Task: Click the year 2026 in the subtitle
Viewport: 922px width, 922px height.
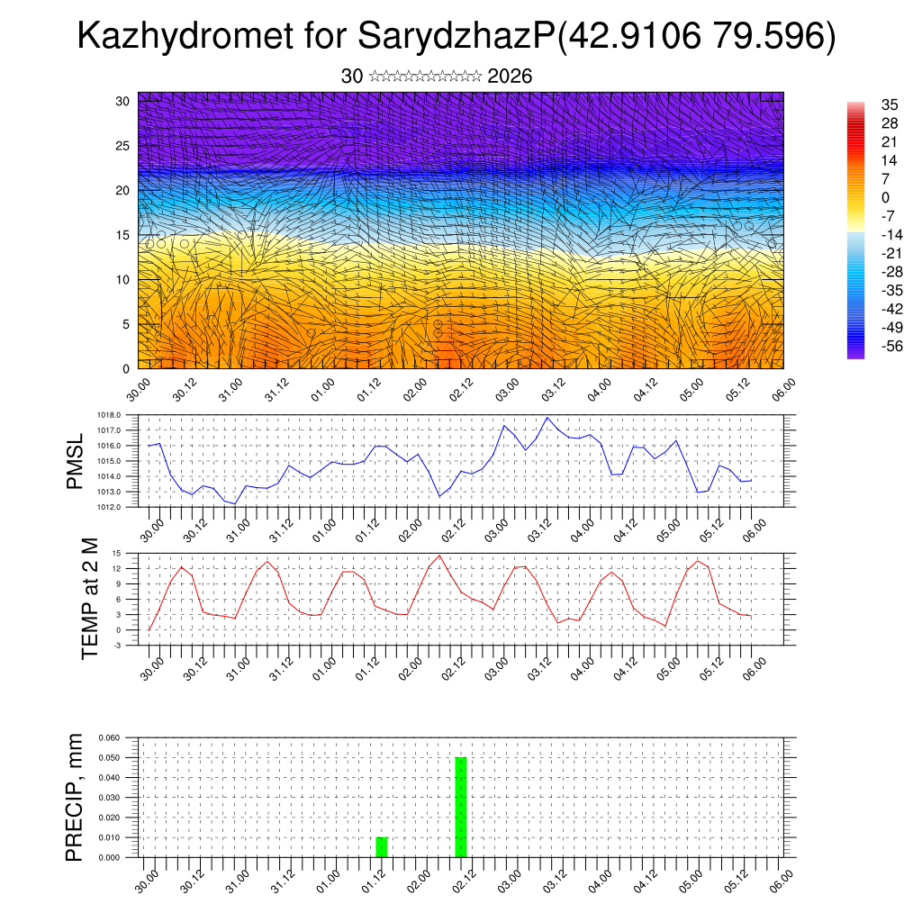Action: click(x=510, y=77)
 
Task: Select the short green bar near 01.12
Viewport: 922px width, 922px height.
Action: click(x=382, y=847)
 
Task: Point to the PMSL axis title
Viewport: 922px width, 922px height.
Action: click(x=75, y=461)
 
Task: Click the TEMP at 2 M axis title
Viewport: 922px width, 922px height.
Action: click(x=90, y=599)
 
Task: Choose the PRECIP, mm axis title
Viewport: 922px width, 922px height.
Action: click(x=75, y=798)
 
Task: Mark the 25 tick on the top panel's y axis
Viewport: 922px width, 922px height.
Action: click(x=123, y=145)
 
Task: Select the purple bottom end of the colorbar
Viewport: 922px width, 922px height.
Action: click(x=855, y=354)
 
